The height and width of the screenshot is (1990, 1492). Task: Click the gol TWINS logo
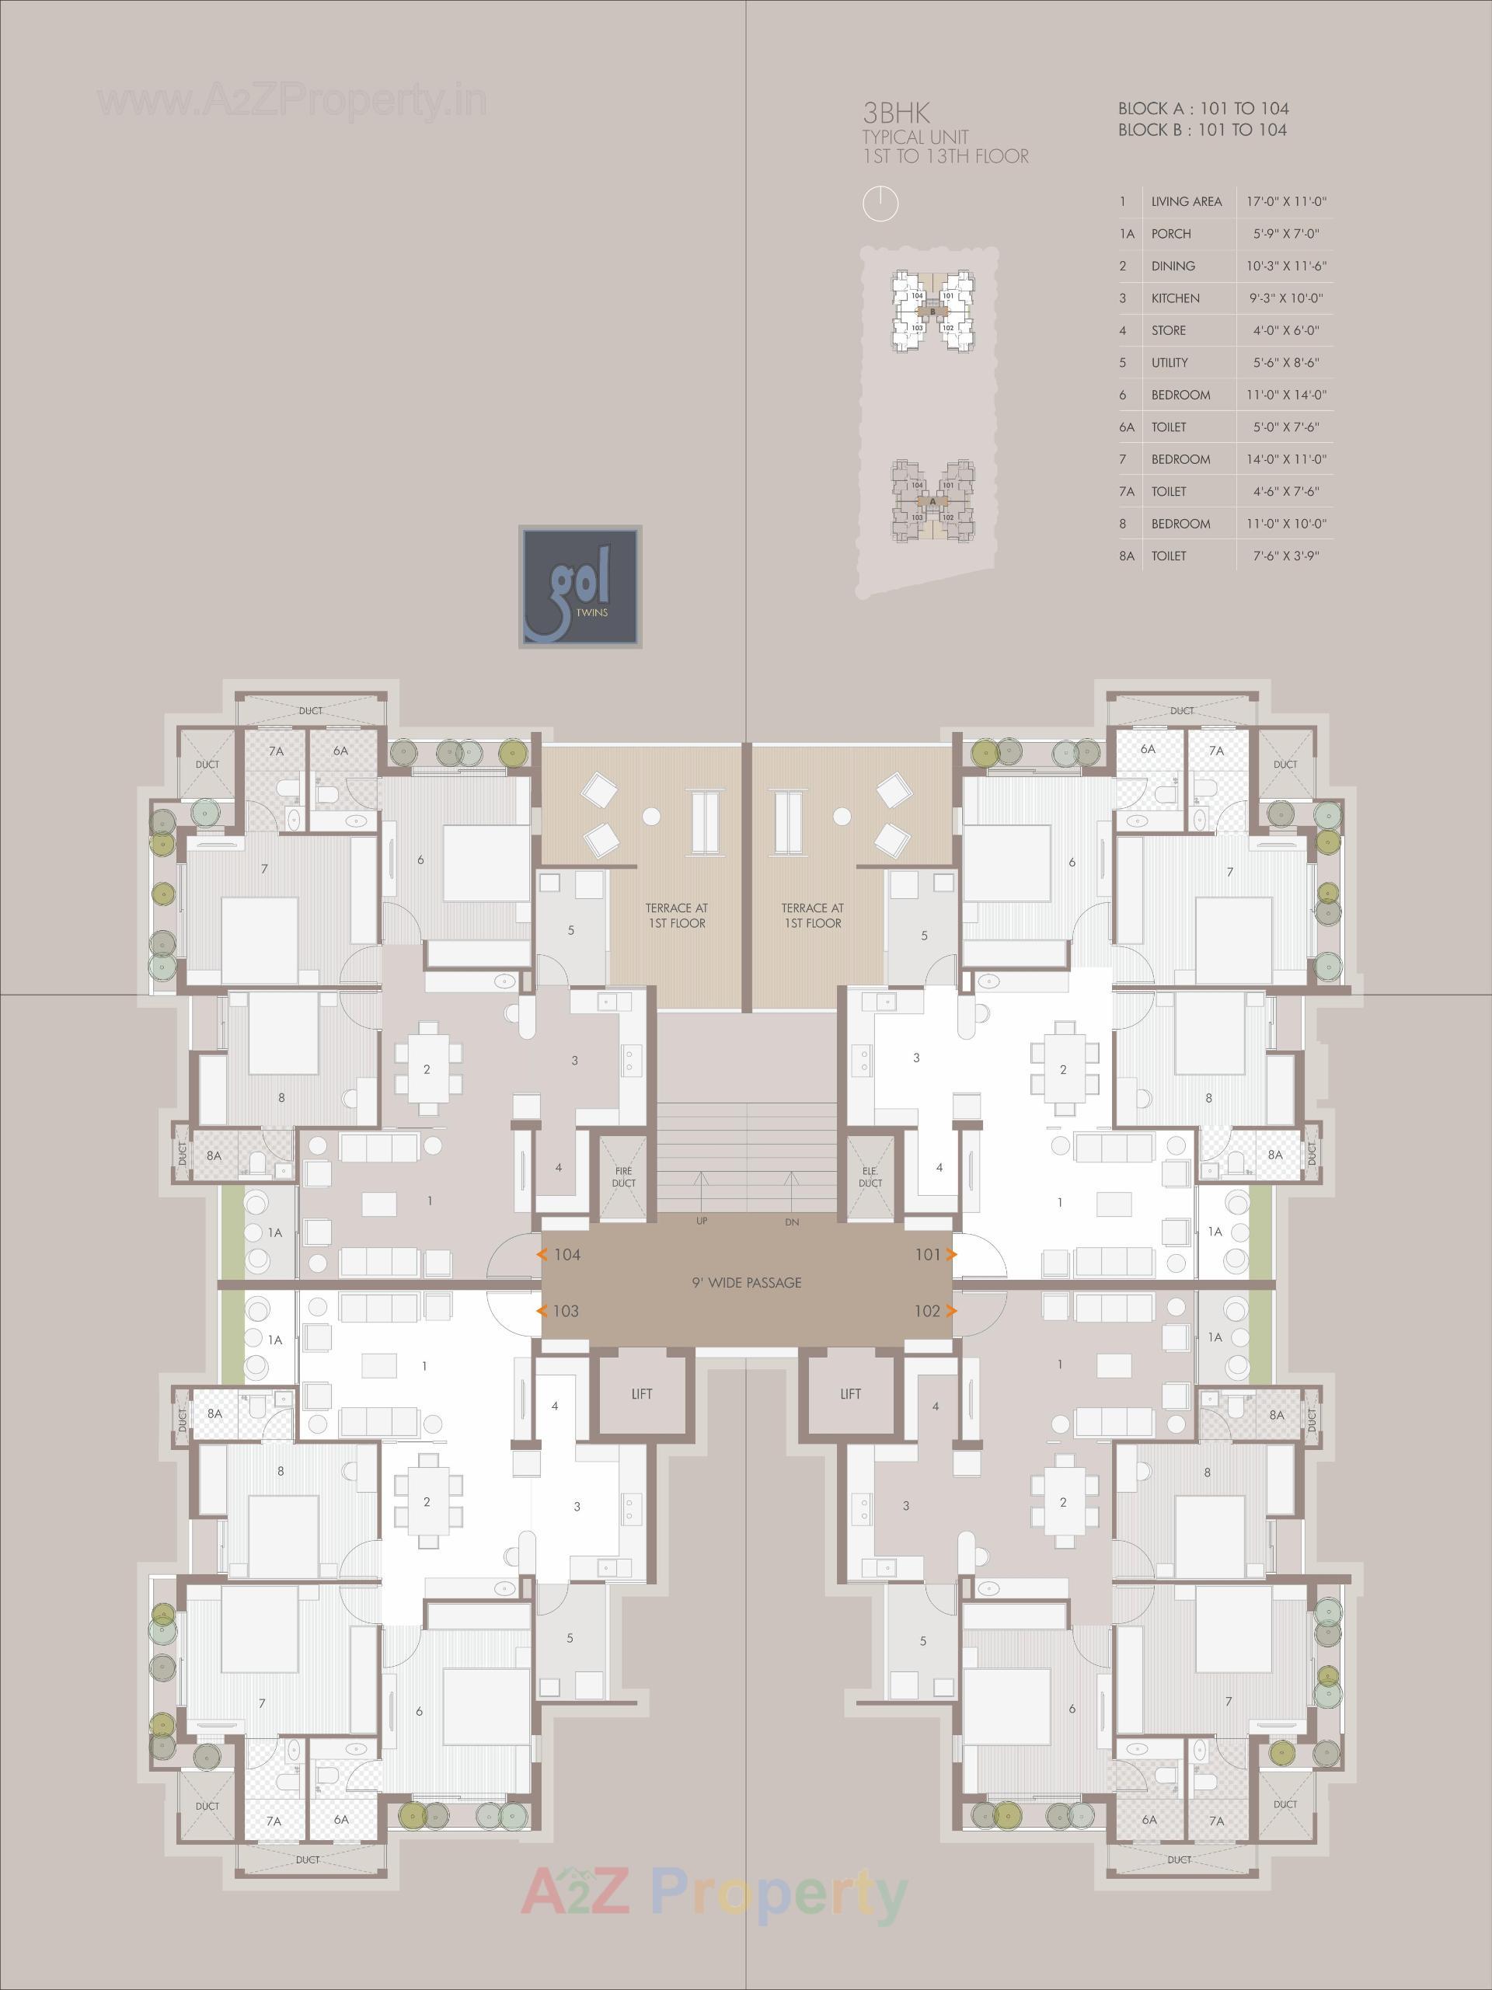580,587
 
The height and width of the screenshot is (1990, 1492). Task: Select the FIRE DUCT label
624,1176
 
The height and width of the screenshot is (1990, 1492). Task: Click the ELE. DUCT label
870,1176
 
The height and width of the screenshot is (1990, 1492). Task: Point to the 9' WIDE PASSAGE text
746,1283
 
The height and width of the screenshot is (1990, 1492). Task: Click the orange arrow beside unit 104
542,1255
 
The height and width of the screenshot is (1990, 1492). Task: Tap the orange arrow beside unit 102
951,1311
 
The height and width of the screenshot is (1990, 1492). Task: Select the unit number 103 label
565,1311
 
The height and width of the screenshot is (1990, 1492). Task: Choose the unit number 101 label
927,1255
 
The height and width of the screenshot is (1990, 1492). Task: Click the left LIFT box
641,1393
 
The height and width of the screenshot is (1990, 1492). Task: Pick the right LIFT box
850,1393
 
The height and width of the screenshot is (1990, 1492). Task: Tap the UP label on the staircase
702,1222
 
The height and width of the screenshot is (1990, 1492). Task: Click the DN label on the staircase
791,1222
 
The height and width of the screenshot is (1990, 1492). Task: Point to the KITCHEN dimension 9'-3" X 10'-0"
1287,298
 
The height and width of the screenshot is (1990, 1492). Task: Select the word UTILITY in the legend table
1170,363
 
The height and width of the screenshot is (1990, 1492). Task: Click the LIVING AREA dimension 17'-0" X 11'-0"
1287,201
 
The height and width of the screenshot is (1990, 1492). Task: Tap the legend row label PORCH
1171,234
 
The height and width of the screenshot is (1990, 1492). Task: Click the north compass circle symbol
881,204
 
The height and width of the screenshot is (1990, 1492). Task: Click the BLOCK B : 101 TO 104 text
1202,130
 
